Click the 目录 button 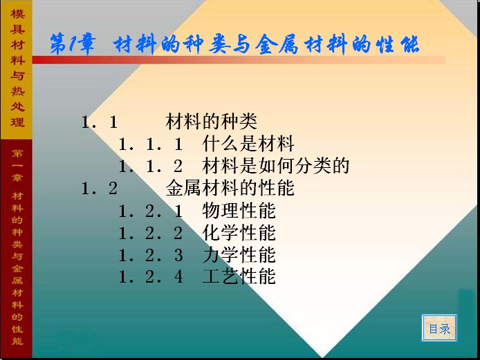439,328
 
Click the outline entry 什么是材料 248,144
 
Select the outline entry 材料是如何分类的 276,165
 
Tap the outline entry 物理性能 239,211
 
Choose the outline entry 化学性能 239,233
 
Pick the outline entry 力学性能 239,255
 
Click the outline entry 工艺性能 239,276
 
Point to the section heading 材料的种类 211,121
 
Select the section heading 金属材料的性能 230,188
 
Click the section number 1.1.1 151,144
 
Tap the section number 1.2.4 151,277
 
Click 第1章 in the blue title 73,44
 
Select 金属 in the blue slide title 277,44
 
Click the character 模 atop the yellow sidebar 17,14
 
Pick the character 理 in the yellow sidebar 17,122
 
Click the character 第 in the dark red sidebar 17,153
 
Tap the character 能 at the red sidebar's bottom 17,341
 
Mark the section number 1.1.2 151,167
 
